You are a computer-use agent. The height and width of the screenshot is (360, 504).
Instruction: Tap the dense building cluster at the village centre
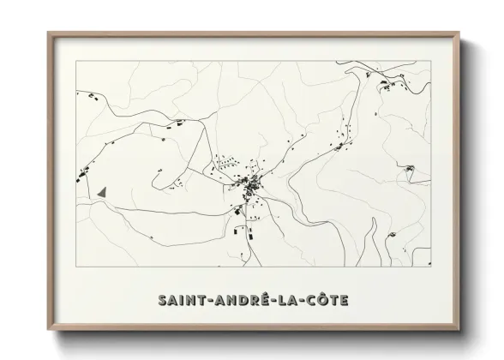[251, 183]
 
